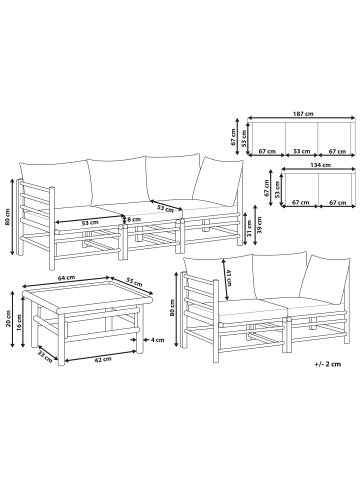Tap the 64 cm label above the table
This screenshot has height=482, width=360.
[66, 278]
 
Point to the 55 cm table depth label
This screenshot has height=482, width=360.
[134, 282]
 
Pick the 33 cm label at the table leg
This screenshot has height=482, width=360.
[45, 356]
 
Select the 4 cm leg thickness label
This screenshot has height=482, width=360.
[157, 340]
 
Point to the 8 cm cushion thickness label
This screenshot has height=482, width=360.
[134, 219]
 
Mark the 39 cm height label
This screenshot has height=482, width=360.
[260, 225]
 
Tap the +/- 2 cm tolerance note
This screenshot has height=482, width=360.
[328, 364]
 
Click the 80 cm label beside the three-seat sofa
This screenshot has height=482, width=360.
[8, 217]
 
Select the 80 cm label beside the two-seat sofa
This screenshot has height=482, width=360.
[172, 307]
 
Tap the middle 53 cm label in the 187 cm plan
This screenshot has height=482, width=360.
[301, 151]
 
